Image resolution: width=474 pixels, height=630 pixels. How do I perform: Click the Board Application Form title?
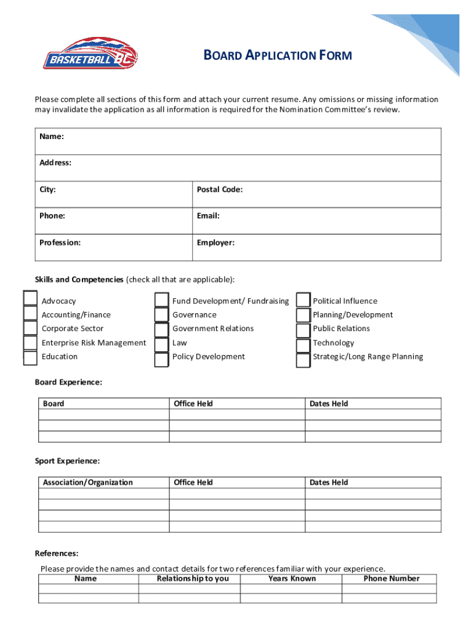278,56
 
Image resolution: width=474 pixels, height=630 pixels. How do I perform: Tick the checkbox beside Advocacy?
30,298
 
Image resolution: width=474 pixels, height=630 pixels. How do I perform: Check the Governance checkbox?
161,315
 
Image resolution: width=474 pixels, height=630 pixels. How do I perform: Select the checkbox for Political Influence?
303,300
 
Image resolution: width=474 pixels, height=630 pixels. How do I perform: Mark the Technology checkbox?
303,343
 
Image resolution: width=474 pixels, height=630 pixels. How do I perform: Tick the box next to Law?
161,343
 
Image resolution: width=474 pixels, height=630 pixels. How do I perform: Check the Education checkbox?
30,357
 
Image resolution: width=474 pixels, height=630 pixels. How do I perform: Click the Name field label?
52,136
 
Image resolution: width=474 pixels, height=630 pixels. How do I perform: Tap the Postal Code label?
220,189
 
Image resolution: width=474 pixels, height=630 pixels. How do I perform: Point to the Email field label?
208,216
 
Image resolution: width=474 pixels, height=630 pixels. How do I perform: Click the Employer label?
215,242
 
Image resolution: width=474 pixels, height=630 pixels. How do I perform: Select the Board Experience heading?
68,383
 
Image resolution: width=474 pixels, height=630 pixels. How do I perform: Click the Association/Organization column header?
87,482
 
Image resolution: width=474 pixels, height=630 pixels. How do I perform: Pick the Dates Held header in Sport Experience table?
329,482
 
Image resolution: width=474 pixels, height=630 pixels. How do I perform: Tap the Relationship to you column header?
193,578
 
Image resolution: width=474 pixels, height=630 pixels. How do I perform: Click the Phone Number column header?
392,578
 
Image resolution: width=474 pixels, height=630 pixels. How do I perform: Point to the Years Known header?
292,578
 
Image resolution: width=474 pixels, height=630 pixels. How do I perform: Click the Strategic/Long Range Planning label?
368,357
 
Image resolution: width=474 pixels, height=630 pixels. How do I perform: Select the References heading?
57,554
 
